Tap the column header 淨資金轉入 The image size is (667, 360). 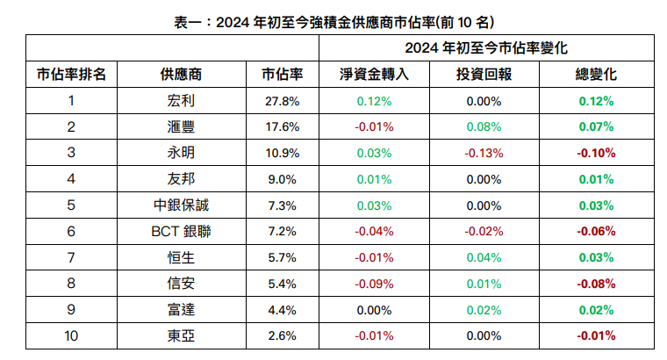tap(374, 75)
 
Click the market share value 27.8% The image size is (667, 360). tap(282, 101)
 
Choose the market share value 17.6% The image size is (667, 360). tap(282, 127)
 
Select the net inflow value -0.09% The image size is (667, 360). tap(374, 284)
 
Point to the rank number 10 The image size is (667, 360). tap(71, 335)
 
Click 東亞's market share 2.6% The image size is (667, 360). tap(282, 335)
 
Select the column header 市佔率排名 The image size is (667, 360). tap(71, 75)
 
